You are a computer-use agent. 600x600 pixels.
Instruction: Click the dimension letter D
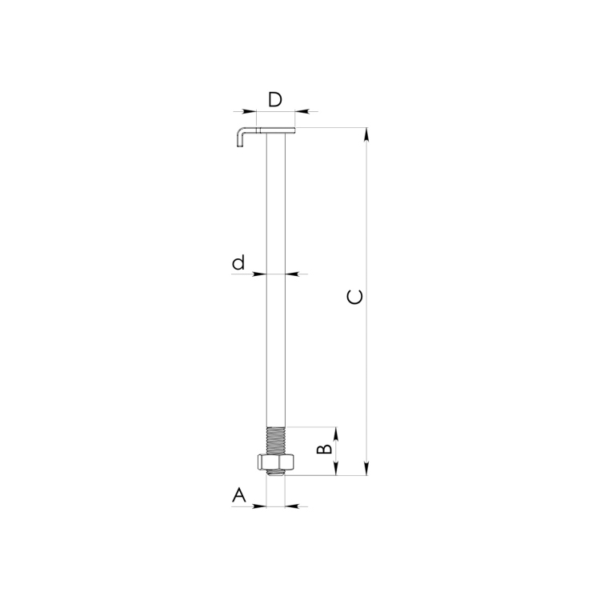(275, 99)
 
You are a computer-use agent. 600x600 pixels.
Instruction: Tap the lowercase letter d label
(238, 262)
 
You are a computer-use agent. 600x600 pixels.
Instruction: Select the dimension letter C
(354, 298)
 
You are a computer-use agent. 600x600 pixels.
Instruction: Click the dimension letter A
(238, 494)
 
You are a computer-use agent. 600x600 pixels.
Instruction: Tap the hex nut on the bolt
(275, 462)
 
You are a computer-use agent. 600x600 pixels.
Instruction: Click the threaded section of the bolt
(275, 441)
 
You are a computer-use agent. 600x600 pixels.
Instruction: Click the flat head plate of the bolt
(275, 131)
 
